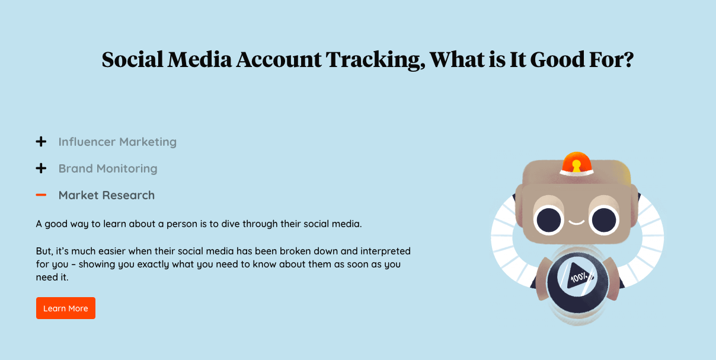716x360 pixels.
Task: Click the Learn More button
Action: (66, 308)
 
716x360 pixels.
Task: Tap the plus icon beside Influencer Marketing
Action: (41, 142)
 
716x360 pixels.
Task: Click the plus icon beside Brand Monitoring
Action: (41, 168)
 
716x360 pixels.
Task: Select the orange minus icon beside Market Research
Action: (41, 195)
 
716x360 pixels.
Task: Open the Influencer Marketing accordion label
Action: (117, 142)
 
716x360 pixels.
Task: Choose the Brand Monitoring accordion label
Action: (108, 168)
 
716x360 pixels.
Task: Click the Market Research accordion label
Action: (107, 195)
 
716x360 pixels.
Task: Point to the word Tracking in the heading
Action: (376, 60)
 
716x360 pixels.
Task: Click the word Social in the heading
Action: (132, 59)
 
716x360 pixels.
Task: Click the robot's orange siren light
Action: (576, 163)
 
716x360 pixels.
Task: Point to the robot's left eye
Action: (548, 220)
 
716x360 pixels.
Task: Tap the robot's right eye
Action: (604, 220)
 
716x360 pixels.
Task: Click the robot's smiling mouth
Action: (576, 222)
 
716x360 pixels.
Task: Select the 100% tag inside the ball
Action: (579, 276)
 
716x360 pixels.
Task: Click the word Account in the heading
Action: (279, 59)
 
